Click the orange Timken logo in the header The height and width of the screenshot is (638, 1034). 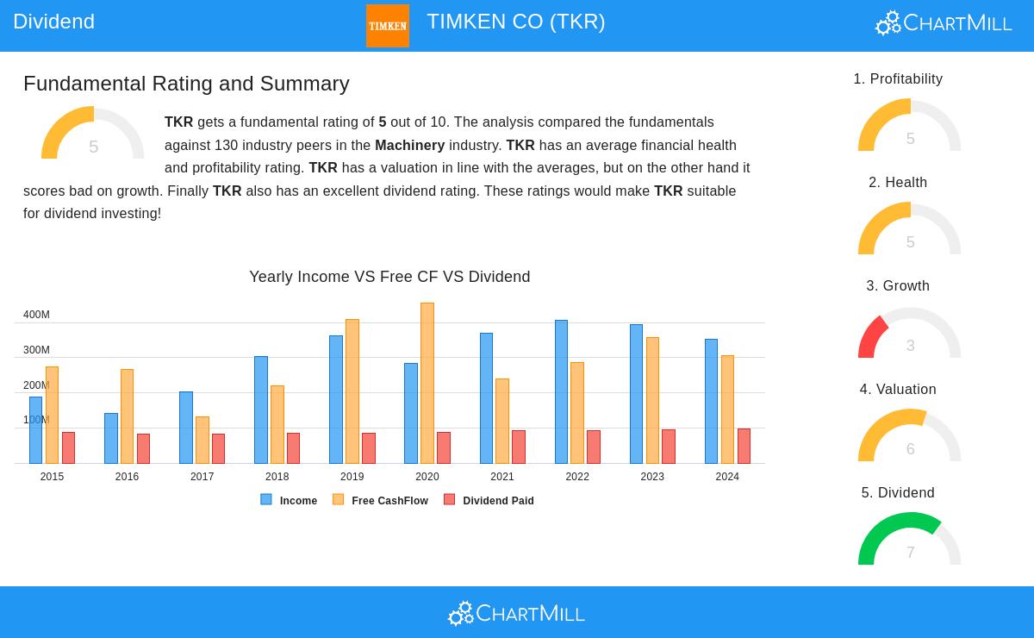pos(388,26)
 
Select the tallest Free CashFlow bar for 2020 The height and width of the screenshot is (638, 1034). pos(427,383)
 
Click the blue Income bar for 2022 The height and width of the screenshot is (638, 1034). pos(561,391)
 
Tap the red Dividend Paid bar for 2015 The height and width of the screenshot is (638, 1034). pos(68,447)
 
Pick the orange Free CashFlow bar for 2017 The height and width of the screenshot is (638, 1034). pos(202,440)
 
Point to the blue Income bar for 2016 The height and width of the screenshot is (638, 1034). pos(111,438)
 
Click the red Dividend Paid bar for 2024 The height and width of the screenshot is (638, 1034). pos(744,446)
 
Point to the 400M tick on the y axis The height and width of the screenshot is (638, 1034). pos(36,315)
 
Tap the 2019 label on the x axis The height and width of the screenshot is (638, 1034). pos(352,477)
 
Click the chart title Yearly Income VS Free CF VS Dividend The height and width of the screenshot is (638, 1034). pos(389,277)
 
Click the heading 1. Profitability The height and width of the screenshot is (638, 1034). pos(898,79)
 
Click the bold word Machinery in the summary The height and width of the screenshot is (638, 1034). pos(409,145)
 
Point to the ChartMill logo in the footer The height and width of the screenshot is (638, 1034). pos(517,613)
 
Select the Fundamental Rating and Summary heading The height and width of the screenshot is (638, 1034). pos(186,84)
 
